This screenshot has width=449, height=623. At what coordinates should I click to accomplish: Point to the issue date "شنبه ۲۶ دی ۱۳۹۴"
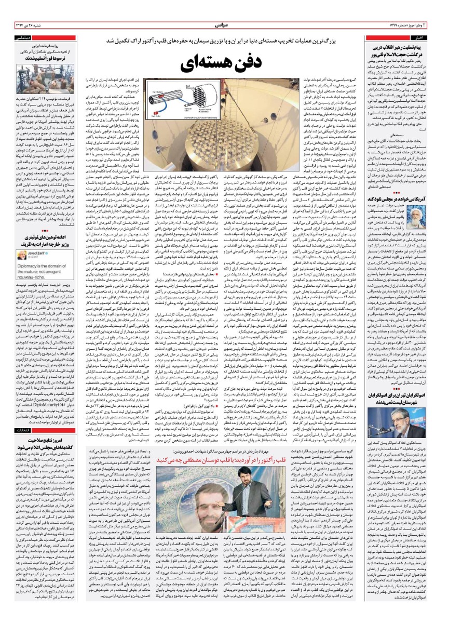pos(26,24)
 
